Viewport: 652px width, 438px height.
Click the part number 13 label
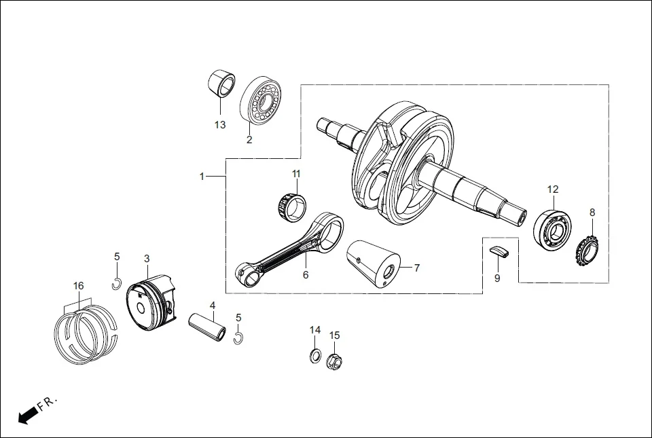pyautogui.click(x=219, y=125)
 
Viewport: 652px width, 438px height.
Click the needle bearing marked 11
pyautogui.click(x=291, y=205)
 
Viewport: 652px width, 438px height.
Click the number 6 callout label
pyautogui.click(x=306, y=275)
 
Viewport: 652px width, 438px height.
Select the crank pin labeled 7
pyautogui.click(x=377, y=264)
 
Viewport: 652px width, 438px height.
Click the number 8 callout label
pyautogui.click(x=592, y=213)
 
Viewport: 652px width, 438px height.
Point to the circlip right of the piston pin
pyautogui.click(x=238, y=337)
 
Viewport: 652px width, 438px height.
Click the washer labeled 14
pyautogui.click(x=315, y=355)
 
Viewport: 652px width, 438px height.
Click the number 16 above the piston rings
pyautogui.click(x=79, y=286)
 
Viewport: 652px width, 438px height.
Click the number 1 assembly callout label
pyautogui.click(x=202, y=177)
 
